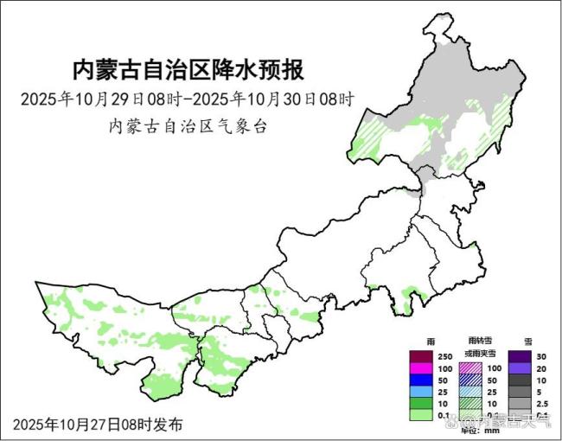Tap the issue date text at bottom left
coord(98,425)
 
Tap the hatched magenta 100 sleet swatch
coord(469,368)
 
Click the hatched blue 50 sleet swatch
coord(469,380)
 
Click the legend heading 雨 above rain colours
coord(420,342)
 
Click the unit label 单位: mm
coord(481,430)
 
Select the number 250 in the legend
coord(445,357)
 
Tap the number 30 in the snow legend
coord(540,357)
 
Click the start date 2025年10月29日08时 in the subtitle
coord(103,98)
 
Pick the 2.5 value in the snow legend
coord(542,404)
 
